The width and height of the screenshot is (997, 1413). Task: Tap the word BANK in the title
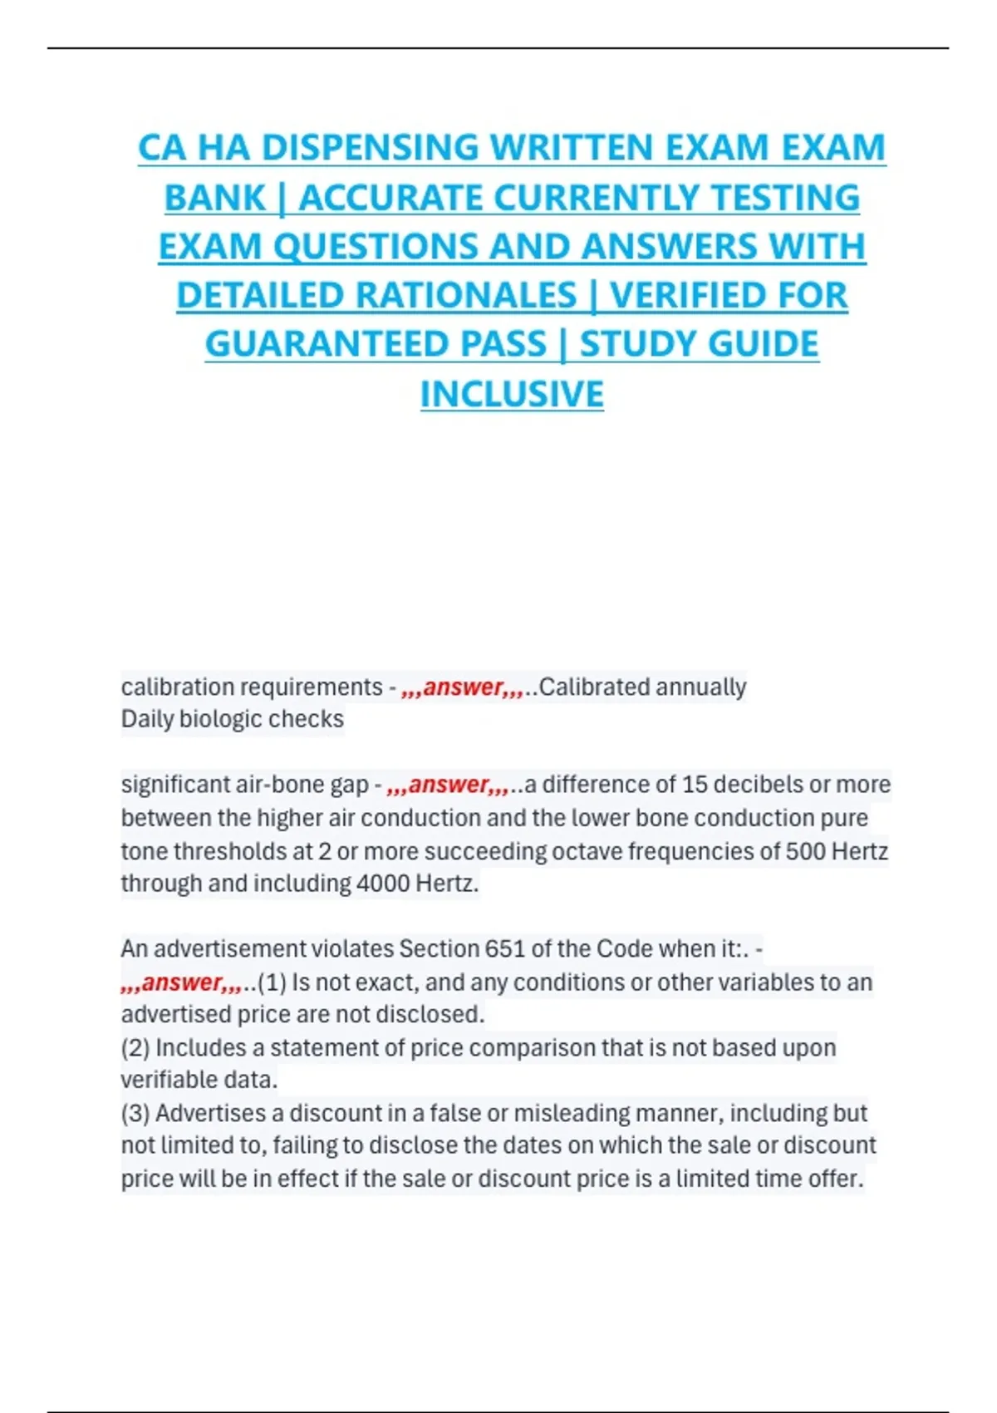(214, 198)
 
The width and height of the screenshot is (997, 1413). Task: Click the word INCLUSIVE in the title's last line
(512, 394)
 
